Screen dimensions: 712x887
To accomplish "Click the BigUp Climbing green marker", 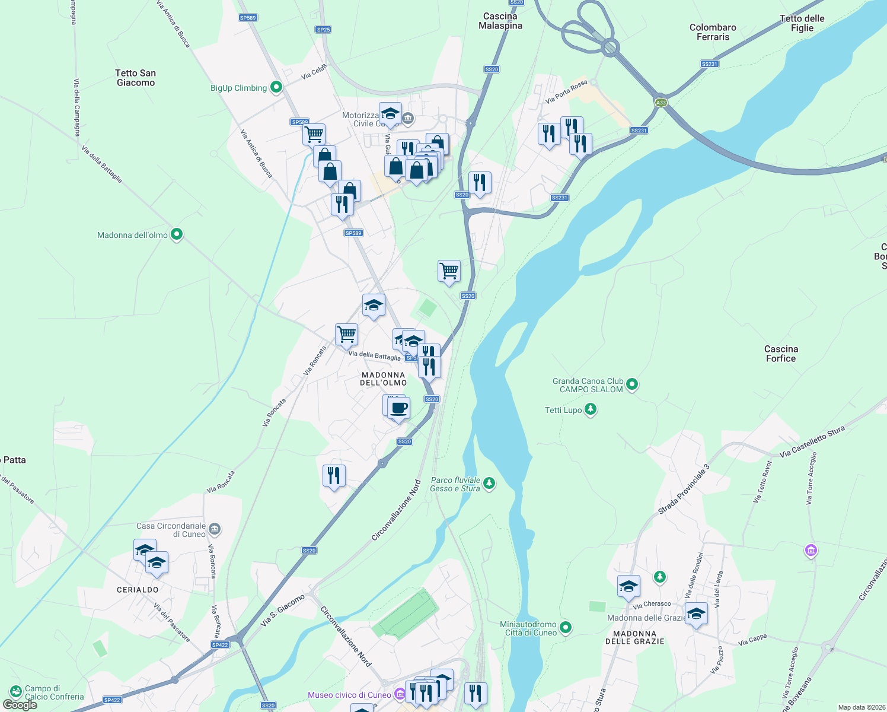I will pos(276,88).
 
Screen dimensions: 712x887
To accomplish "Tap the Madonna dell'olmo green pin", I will pos(177,235).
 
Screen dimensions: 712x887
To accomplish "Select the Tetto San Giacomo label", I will pos(136,78).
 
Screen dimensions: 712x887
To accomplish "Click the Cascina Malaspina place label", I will pos(500,21).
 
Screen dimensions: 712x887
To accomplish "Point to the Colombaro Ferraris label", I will pos(713,32).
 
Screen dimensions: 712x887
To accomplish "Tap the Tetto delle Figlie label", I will pos(802,23).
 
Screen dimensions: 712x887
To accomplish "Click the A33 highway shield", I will pos(661,103).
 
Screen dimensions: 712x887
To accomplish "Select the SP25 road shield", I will pos(323,30).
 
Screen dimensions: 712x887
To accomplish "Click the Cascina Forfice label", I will pos(781,354).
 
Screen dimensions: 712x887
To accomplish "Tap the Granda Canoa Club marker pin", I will pos(632,384).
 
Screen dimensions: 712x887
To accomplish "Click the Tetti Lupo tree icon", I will pos(590,409).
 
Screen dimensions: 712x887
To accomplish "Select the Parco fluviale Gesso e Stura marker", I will pos(489,484).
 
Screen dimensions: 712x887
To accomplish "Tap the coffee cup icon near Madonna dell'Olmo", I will pos(399,409).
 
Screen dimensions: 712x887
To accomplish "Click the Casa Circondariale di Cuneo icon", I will pos(215,529).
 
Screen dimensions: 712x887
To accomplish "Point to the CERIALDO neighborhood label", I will pos(138,590).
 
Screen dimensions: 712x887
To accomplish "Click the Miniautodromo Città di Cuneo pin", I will pos(566,627).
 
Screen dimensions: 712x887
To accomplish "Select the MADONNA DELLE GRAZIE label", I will pos(634,637).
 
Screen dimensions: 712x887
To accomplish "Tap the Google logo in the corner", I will pos(20,704).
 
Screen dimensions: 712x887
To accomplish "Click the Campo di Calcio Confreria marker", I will pos(15,692).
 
